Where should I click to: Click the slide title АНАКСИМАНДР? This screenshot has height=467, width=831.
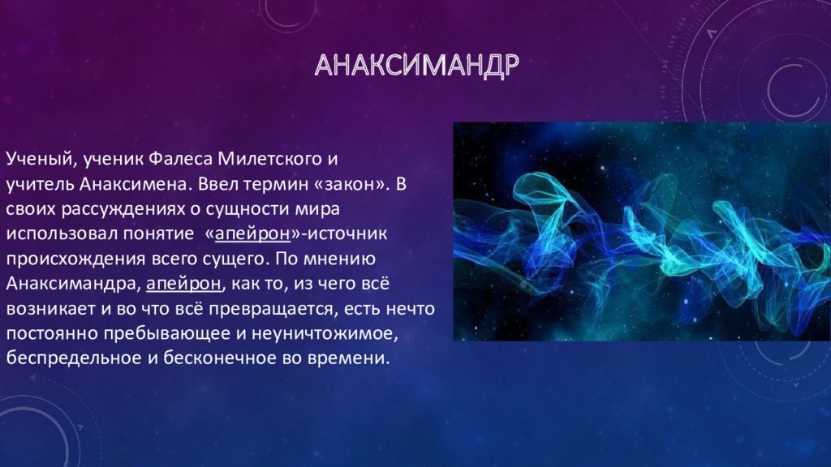pos(415,66)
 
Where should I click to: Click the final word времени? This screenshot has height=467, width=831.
pos(350,358)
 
